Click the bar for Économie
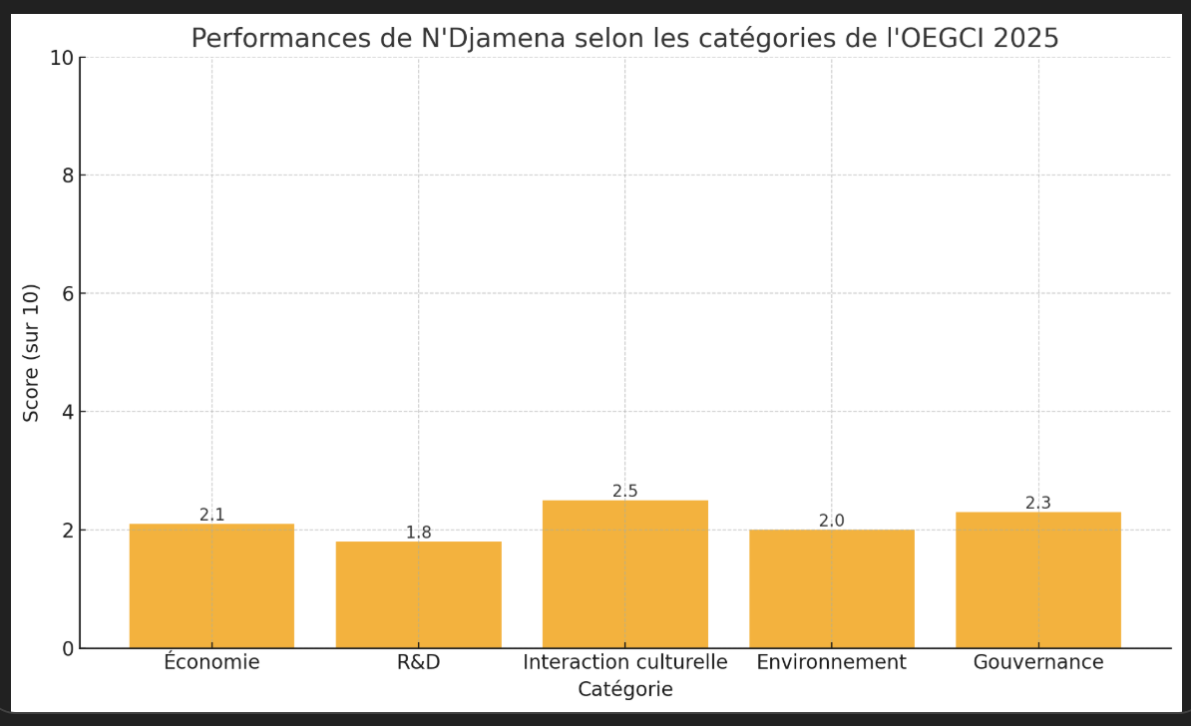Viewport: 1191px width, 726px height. (211, 585)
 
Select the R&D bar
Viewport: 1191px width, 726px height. (418, 594)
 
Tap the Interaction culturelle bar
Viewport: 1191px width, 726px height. (625, 573)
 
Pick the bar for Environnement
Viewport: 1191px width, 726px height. (832, 588)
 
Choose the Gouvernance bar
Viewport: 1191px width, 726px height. (1038, 579)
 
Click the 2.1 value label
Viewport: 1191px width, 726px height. (211, 515)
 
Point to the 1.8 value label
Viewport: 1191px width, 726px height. (418, 533)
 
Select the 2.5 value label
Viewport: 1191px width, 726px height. (625, 491)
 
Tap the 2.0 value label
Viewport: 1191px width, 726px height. (832, 521)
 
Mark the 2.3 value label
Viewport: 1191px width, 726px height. (1038, 503)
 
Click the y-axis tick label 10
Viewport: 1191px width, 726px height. (61, 58)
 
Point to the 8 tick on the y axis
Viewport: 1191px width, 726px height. (67, 176)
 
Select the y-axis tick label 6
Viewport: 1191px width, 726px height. (67, 293)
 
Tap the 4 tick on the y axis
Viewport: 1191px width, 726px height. (67, 412)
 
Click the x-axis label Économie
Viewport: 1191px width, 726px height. (211, 662)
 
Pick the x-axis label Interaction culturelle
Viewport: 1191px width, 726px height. (625, 662)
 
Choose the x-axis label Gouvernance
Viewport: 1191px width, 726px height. (1038, 662)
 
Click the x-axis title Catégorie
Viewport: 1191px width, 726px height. (625, 689)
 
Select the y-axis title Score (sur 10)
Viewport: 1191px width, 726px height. (32, 352)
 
